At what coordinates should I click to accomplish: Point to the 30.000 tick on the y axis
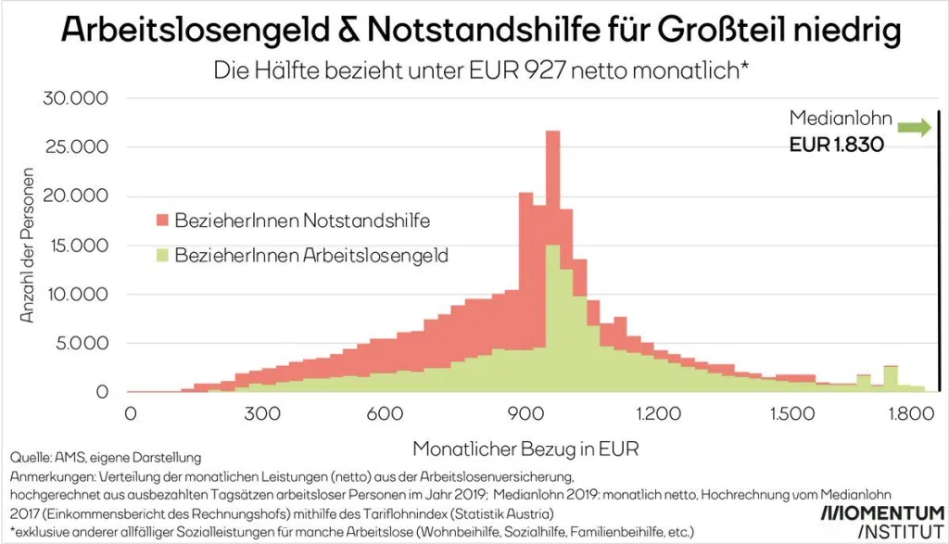pos(77,98)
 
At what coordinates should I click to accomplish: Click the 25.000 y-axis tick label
pos(77,147)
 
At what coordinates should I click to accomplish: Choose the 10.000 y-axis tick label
pos(77,295)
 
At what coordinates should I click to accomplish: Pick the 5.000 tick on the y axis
pos(83,344)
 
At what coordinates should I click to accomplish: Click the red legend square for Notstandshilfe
pos(160,220)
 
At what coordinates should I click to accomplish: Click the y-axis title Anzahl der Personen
pos(29,246)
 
